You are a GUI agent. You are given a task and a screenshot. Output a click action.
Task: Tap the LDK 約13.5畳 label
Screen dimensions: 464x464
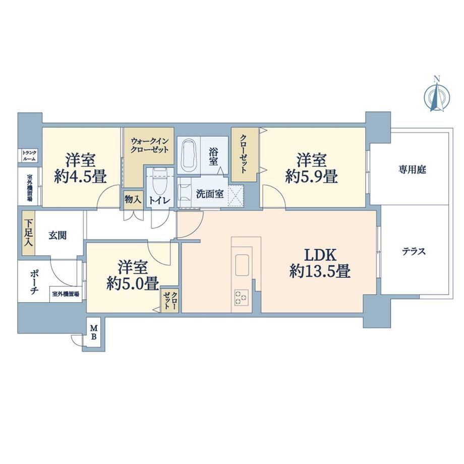tap(320, 263)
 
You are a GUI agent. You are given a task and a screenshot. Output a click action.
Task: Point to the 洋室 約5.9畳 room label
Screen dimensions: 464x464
tap(312, 168)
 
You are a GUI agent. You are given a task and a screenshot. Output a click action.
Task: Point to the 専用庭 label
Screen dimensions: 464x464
tap(413, 170)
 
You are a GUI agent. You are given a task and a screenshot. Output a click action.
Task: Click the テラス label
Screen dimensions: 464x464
tap(414, 252)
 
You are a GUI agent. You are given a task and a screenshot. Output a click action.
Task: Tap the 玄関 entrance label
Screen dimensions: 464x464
tap(57, 236)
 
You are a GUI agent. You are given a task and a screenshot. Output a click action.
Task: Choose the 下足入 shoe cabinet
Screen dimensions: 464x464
tap(29, 233)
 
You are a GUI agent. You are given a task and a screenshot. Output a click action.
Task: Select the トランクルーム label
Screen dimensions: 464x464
tap(30, 156)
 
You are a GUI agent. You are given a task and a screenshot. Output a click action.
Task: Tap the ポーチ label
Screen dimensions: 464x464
tap(34, 282)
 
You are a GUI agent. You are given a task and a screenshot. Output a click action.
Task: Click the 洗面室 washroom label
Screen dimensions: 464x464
tap(210, 194)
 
